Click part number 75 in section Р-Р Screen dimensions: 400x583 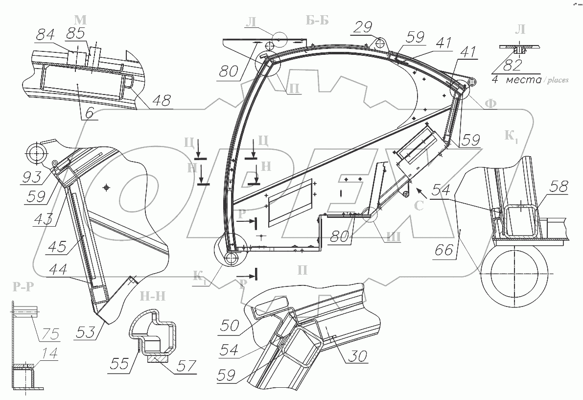point(49,335)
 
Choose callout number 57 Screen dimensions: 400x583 point(184,365)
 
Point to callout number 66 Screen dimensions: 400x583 point(444,251)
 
